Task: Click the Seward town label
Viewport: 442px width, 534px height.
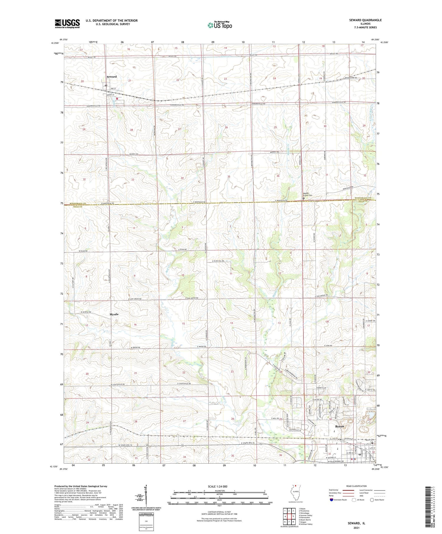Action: [x=112, y=77]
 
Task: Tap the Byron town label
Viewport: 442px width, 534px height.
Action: [x=339, y=426]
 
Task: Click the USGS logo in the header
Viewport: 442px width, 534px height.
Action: [x=67, y=24]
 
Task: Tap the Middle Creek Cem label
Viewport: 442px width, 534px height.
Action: [x=308, y=195]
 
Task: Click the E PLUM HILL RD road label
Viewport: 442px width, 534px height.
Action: [x=218, y=261]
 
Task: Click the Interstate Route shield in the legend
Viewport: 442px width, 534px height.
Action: [x=331, y=500]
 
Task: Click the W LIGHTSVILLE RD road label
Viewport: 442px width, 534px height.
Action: [x=118, y=385]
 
